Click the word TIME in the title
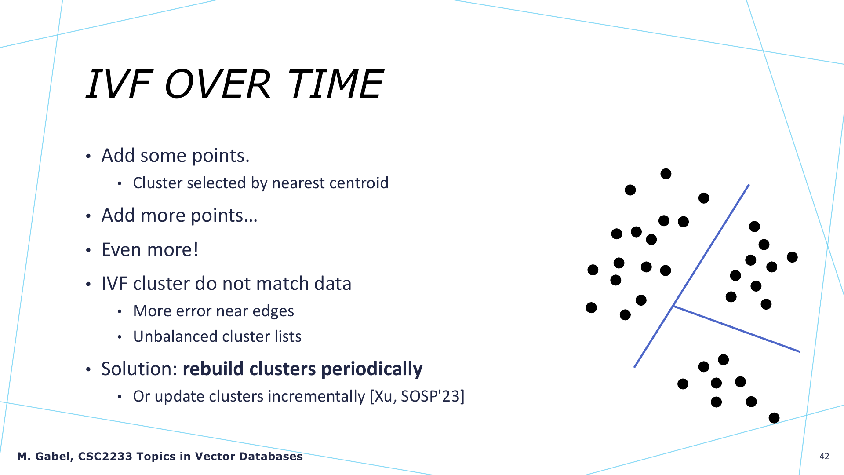335,84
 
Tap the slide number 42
824,456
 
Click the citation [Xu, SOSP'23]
417,396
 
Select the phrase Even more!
150,250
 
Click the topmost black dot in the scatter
666,174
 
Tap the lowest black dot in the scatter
774,418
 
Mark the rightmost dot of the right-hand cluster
792,257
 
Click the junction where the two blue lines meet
673,306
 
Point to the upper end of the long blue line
749,185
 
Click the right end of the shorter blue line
800,351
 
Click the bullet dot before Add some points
88,157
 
